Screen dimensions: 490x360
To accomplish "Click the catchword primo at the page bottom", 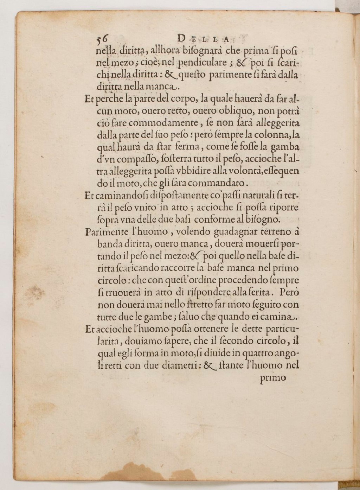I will coord(273,378).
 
